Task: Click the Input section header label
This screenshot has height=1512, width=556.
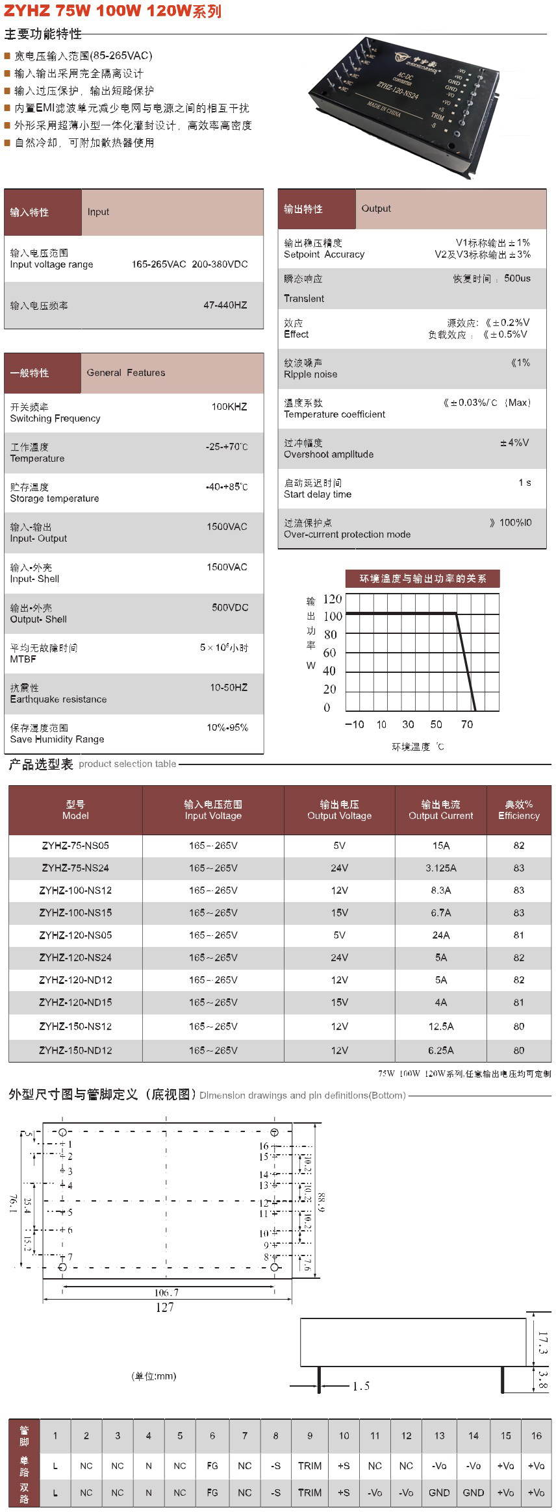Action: [98, 212]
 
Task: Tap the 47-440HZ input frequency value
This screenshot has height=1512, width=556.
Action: [225, 305]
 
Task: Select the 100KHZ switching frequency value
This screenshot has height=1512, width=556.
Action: [229, 407]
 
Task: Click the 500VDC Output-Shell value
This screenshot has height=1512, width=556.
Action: [230, 607]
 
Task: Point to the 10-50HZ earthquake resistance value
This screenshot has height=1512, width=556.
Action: [229, 687]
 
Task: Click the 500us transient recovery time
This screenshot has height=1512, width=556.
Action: [517, 278]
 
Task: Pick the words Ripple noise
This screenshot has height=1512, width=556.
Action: [310, 374]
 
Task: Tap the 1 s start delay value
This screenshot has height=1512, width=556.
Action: [524, 483]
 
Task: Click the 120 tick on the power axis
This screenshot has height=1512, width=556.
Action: [332, 599]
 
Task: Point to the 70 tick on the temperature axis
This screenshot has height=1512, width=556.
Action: [466, 724]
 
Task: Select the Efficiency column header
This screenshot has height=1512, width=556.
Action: [518, 810]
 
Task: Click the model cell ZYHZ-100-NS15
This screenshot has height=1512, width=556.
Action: [75, 913]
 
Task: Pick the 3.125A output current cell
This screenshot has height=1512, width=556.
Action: [440, 868]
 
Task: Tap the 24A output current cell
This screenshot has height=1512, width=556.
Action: [440, 935]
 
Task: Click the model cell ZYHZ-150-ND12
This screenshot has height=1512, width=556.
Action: [75, 1050]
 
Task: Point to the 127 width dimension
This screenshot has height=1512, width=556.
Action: [164, 1307]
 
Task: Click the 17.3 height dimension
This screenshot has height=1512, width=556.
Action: [542, 1342]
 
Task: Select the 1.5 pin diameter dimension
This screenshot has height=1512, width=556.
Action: [361, 1387]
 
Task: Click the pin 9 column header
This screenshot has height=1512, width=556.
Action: [310, 1436]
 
